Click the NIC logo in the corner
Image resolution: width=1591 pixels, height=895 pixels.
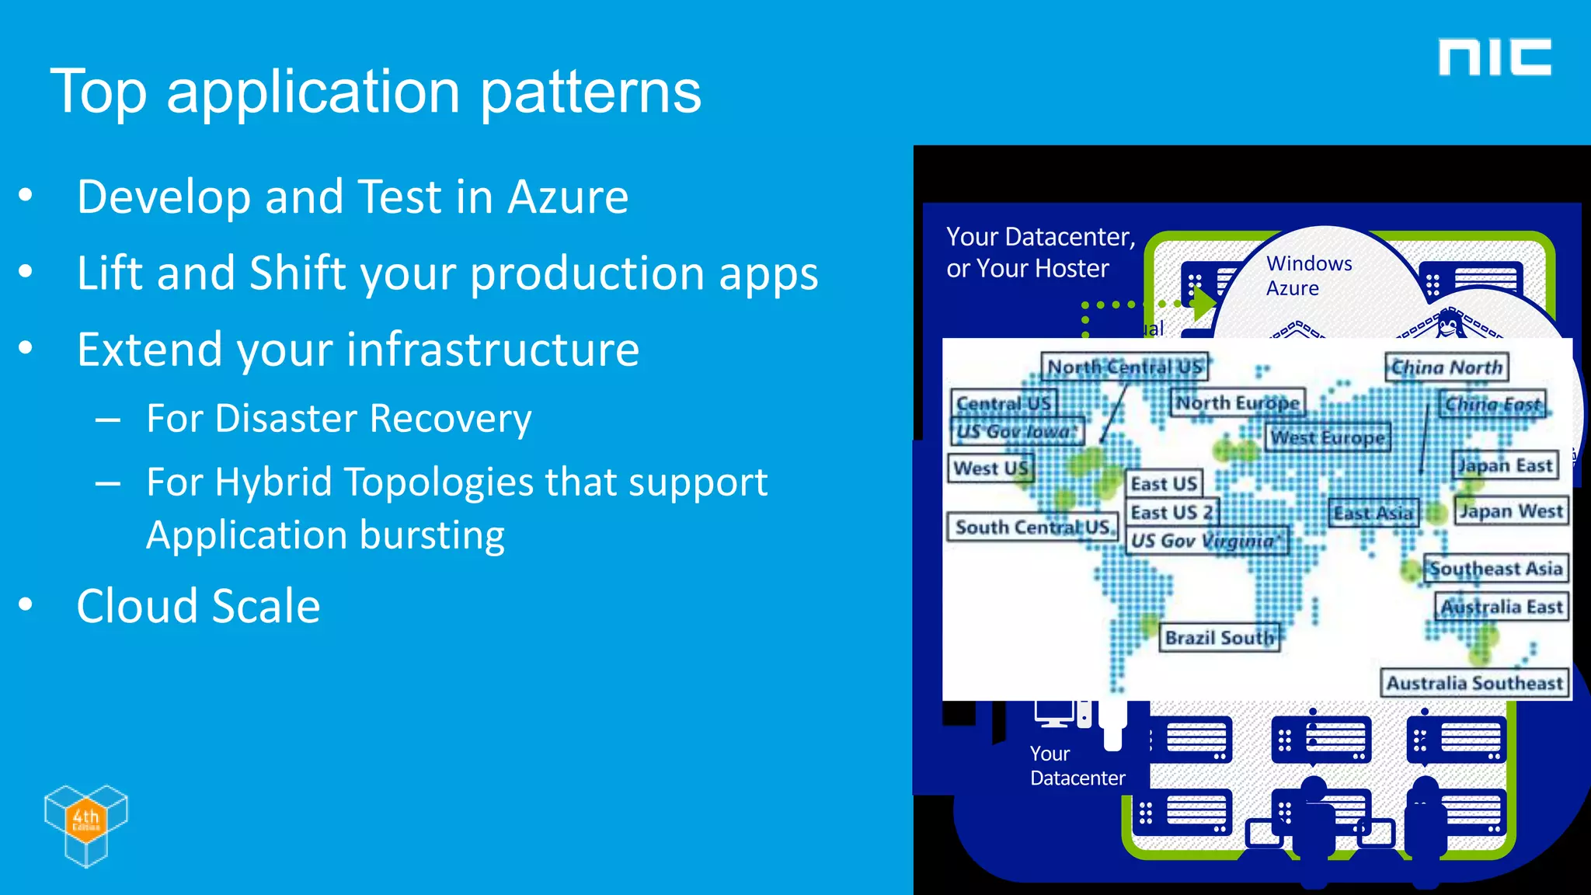point(1494,57)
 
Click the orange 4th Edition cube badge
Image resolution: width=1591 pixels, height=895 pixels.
point(85,819)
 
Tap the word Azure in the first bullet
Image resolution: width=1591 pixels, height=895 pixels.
point(567,197)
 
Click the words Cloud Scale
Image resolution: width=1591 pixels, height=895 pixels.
point(198,606)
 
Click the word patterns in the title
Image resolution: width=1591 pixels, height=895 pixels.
point(590,92)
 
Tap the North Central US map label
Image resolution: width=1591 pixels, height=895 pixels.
point(1124,367)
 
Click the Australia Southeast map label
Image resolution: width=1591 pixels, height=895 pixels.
point(1474,683)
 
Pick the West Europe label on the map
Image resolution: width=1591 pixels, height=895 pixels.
point(1328,438)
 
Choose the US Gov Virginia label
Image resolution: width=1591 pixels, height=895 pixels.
point(1206,541)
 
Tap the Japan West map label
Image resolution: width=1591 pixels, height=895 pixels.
point(1510,511)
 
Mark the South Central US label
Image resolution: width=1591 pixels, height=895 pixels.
point(1032,528)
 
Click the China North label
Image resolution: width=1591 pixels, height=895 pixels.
point(1447,367)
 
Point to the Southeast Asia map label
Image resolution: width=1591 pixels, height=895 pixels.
point(1495,569)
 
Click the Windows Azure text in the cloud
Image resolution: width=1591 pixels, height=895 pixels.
point(1308,276)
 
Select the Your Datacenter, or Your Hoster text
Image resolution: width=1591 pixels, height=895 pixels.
point(1039,252)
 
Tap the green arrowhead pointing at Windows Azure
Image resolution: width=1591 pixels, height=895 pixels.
point(1203,304)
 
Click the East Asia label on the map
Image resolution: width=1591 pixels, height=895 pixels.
point(1373,514)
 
